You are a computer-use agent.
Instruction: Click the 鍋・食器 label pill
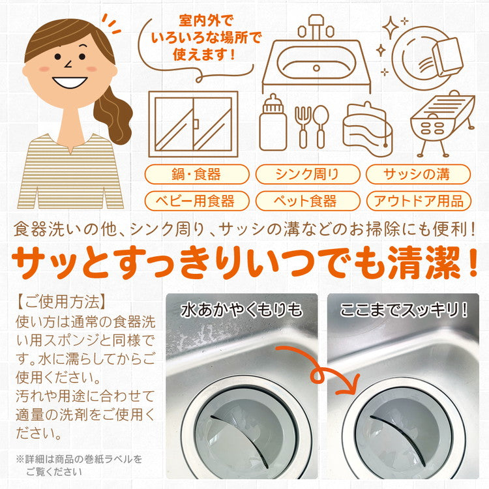197,174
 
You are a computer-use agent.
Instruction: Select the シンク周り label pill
306,174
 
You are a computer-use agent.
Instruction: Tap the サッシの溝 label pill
417,174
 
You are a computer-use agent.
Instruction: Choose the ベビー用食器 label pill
197,200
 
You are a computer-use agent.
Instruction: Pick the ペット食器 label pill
306,200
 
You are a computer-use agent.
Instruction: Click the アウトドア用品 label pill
418,200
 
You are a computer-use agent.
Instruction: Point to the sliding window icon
193,124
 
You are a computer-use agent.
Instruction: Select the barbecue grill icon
439,124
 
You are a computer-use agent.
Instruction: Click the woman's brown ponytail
115,111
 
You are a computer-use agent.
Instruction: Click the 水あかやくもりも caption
241,308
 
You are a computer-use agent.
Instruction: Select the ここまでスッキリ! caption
404,308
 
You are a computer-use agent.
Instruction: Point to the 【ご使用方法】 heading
61,302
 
